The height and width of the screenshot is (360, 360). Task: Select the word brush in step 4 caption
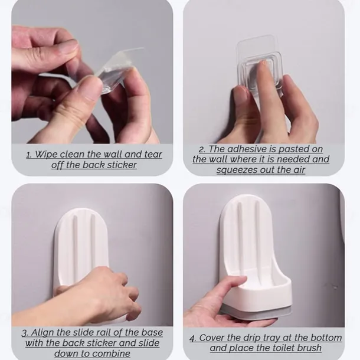309,348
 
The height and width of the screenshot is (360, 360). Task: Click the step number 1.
29,155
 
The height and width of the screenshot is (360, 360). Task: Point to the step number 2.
202,149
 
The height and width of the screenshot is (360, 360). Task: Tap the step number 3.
25,333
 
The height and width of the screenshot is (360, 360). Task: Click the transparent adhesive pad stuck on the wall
260,62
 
